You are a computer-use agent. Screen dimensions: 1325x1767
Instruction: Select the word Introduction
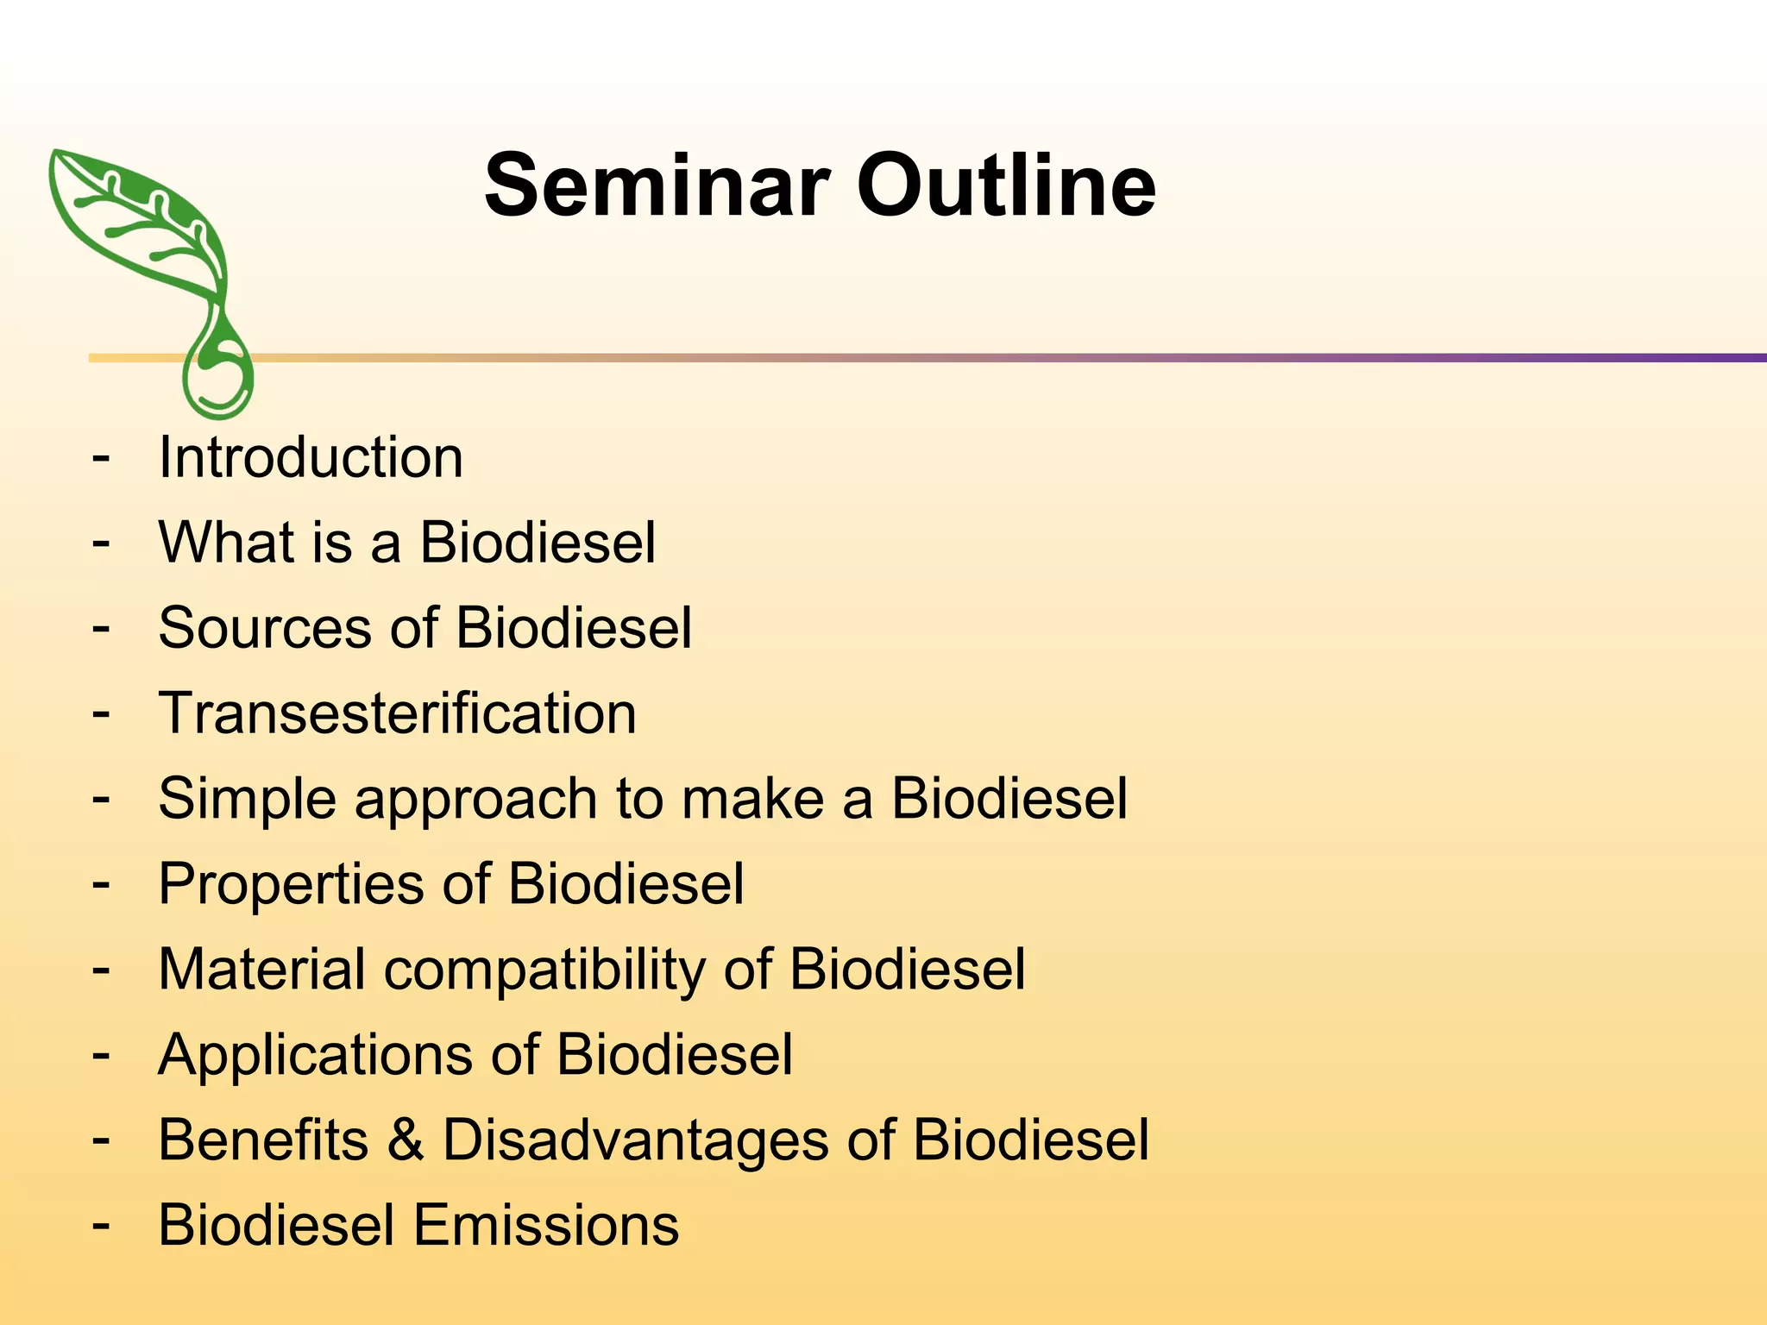pos(311,457)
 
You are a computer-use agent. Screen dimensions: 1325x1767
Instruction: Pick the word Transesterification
pos(397,713)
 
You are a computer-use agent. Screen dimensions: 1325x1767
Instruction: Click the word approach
pos(475,800)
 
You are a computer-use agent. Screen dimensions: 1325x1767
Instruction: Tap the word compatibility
pos(544,970)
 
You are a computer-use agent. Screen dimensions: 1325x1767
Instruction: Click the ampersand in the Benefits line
pos(405,1140)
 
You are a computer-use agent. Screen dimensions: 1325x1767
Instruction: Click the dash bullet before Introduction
pos(101,456)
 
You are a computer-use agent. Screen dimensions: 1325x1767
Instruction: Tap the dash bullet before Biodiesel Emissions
pos(101,1225)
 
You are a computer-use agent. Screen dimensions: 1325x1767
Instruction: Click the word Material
pos(262,970)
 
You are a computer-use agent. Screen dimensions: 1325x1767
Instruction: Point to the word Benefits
pos(263,1140)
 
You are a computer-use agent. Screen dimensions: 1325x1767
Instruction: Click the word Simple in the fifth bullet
pos(247,799)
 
